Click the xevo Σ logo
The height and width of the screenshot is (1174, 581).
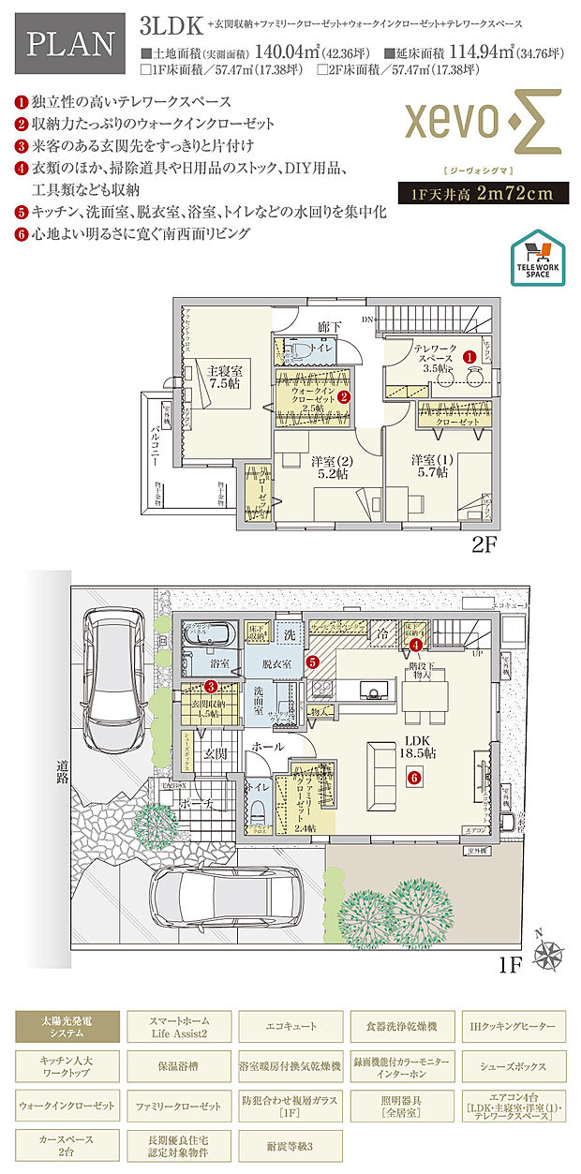pyautogui.click(x=482, y=122)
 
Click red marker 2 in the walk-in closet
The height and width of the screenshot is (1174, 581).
pyautogui.click(x=344, y=397)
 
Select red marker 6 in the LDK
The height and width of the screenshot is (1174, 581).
pyautogui.click(x=412, y=776)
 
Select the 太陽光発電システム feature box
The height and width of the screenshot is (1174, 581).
pyautogui.click(x=67, y=1026)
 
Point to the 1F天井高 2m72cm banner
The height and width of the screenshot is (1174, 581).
pyautogui.click(x=482, y=194)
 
